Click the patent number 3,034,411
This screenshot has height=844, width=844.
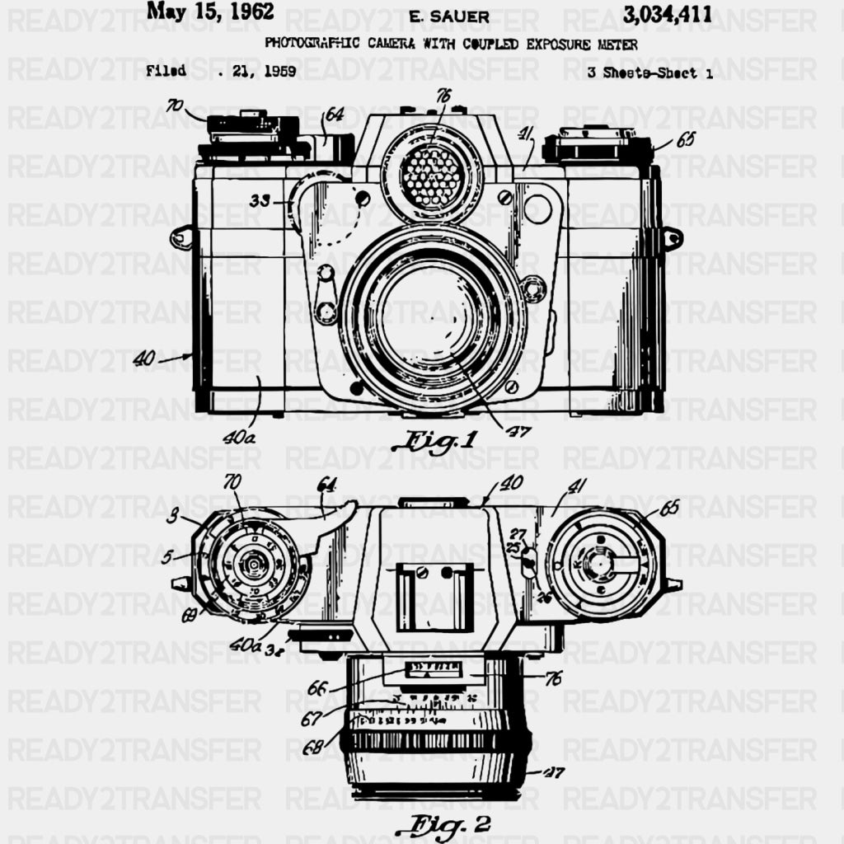click(x=668, y=13)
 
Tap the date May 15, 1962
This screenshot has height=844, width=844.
click(x=210, y=12)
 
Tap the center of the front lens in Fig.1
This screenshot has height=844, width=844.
click(x=432, y=315)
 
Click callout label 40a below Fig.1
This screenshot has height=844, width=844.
click(x=239, y=438)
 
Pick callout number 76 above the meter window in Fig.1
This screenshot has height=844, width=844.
click(x=443, y=96)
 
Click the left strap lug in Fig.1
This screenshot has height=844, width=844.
click(x=181, y=238)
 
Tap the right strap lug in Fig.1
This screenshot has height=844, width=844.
click(x=672, y=239)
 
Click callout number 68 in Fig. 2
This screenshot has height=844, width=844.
click(x=312, y=748)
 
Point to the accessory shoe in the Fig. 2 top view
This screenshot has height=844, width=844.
click(x=434, y=595)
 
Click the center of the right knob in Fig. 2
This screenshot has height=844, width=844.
click(x=602, y=564)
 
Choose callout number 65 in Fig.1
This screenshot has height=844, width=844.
click(x=685, y=139)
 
